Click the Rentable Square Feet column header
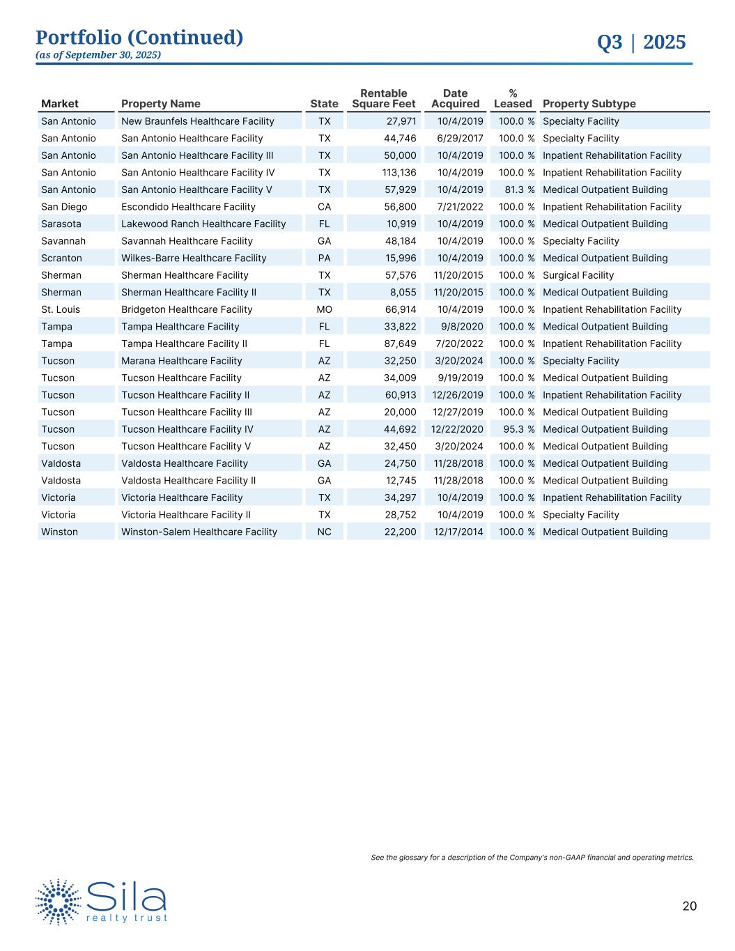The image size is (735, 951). click(x=384, y=98)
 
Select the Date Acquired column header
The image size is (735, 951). click(x=455, y=98)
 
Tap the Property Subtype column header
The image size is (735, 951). click(x=589, y=104)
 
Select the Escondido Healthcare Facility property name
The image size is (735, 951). click(x=188, y=207)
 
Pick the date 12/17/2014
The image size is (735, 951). click(x=458, y=532)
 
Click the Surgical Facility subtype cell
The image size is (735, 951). click(x=578, y=275)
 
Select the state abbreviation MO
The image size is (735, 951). click(x=324, y=309)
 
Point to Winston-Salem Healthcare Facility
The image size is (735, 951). click(x=199, y=532)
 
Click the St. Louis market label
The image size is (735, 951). click(x=61, y=309)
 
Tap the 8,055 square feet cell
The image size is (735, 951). click(x=403, y=293)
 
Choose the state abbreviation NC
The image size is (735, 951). click(x=324, y=532)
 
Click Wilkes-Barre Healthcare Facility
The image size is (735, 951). click(x=194, y=258)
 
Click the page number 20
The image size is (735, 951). click(x=689, y=906)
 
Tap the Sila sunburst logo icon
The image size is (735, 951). click(x=59, y=902)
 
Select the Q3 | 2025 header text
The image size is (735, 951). click(x=641, y=42)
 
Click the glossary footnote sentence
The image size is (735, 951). click(x=532, y=858)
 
